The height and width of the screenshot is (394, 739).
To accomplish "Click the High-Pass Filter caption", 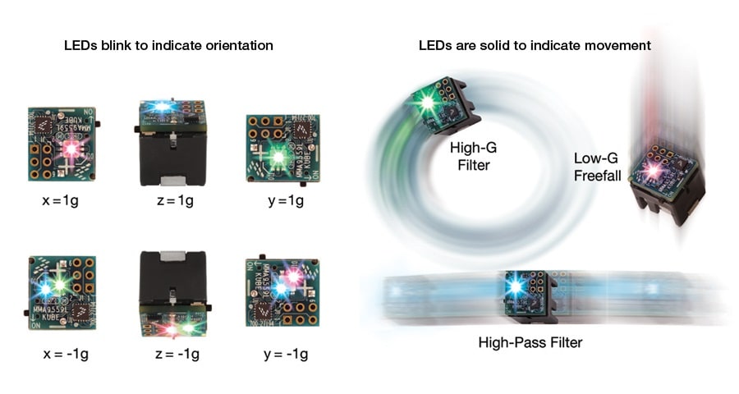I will (530, 341).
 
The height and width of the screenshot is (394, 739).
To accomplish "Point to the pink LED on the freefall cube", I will (655, 168).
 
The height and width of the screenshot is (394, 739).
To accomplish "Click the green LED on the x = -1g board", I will (60, 286).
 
